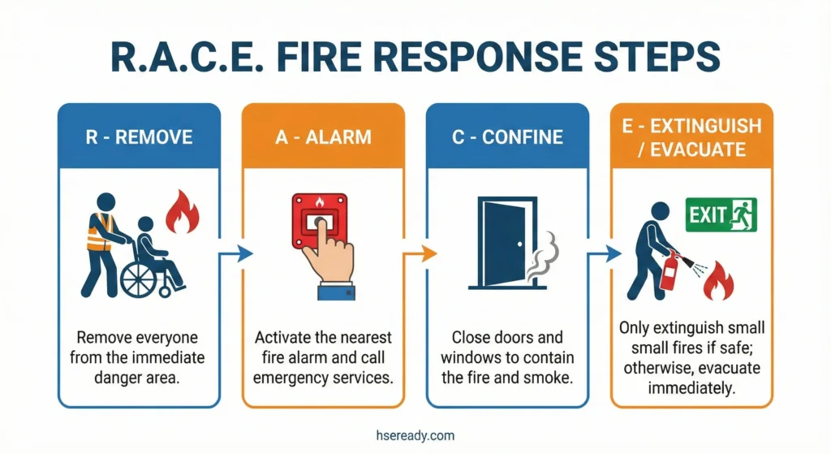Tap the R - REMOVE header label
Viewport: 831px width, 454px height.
click(138, 136)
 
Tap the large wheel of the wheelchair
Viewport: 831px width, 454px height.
click(140, 279)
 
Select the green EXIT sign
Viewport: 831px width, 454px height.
click(721, 215)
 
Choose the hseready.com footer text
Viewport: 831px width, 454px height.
click(415, 435)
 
